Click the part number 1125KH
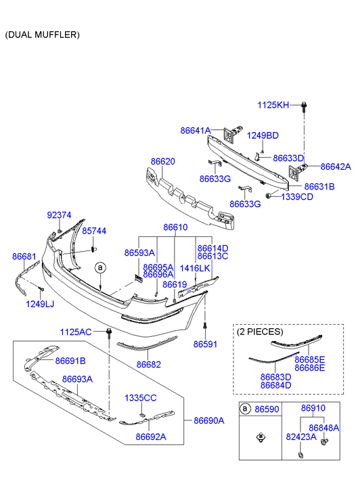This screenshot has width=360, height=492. (x=273, y=105)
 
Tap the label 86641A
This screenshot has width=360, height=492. (x=196, y=131)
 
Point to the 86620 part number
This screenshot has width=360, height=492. (x=162, y=162)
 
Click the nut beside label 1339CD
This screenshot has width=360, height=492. (x=269, y=196)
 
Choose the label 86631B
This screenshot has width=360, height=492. (x=319, y=187)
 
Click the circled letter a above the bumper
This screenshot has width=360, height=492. (x=100, y=267)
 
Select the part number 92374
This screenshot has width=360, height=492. (x=59, y=215)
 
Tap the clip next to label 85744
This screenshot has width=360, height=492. (x=93, y=249)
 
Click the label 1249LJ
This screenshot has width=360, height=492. (x=40, y=304)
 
